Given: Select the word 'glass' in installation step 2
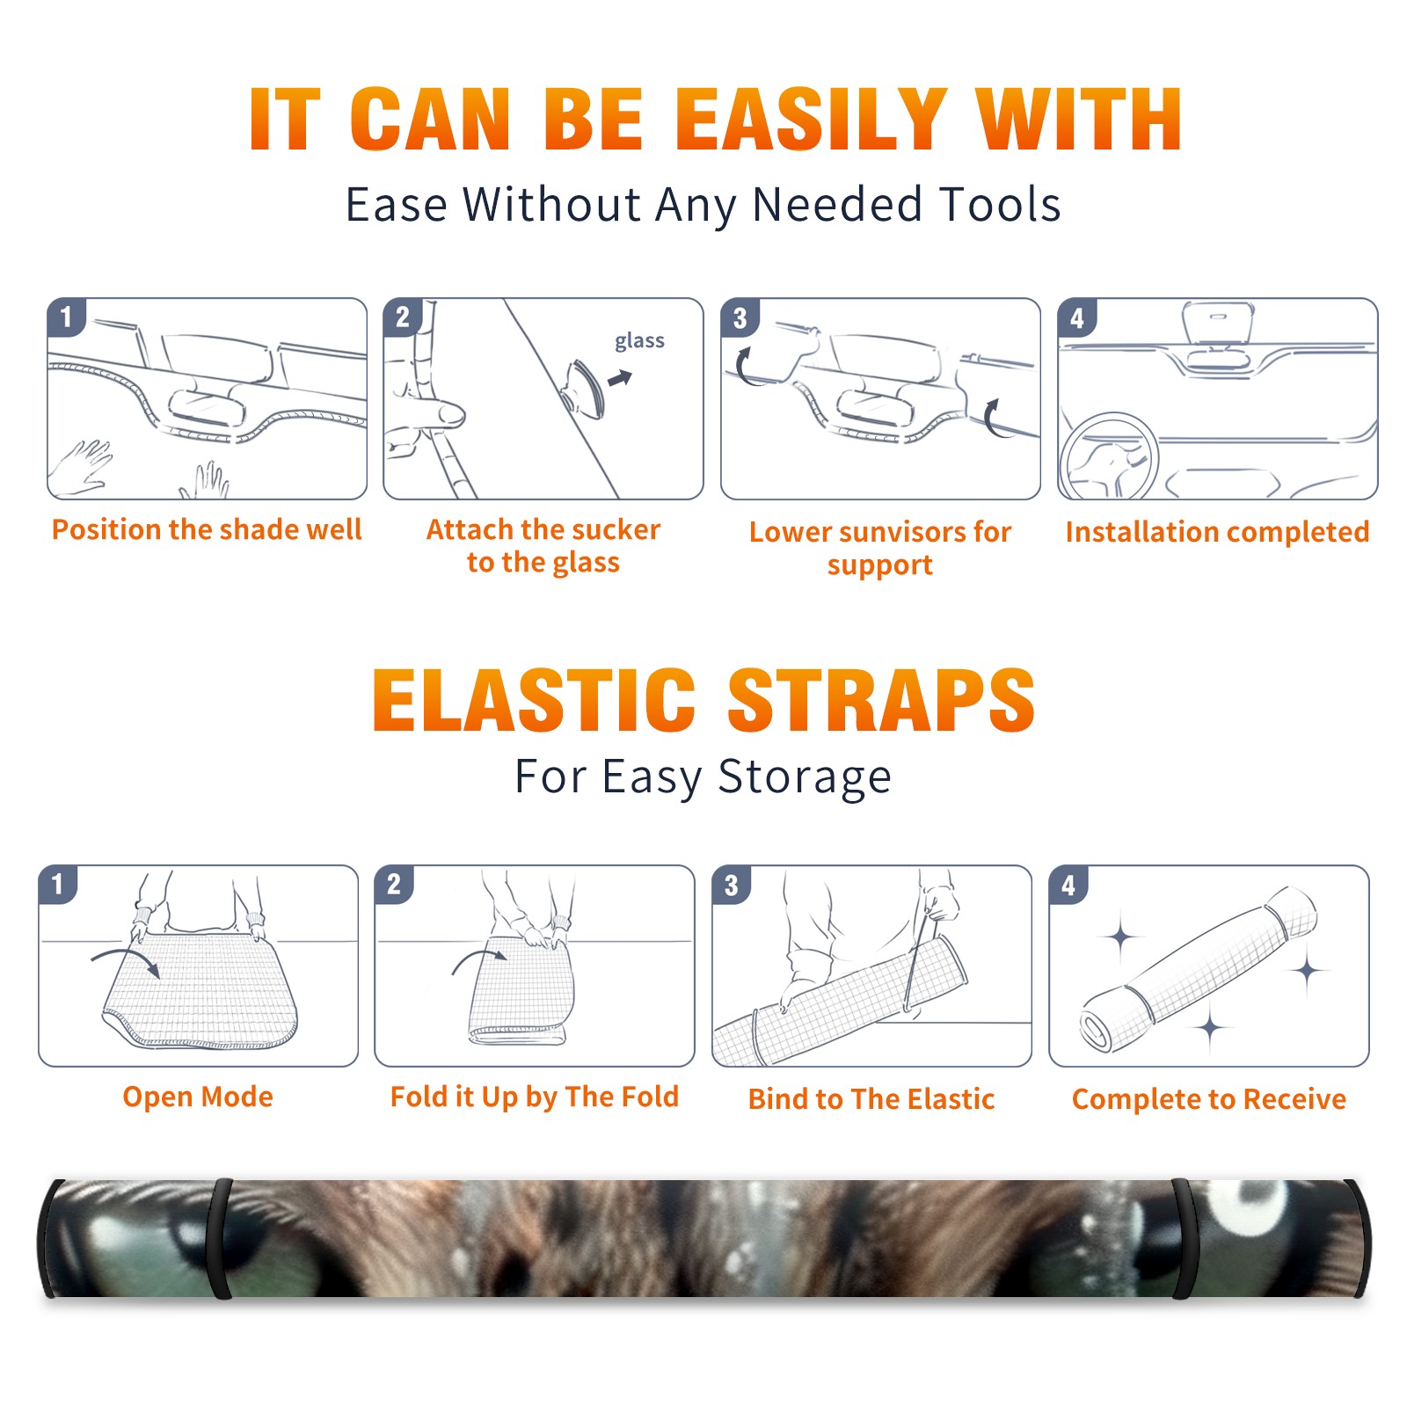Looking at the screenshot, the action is pyautogui.click(x=639, y=341).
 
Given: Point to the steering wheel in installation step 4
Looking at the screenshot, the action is pyautogui.click(x=1109, y=457).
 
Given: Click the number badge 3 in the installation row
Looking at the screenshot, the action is pyautogui.click(x=740, y=318).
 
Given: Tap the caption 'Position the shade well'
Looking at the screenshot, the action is pyautogui.click(x=207, y=529).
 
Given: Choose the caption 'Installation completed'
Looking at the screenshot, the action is pyautogui.click(x=1217, y=531).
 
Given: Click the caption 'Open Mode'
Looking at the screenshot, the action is pyautogui.click(x=198, y=1097).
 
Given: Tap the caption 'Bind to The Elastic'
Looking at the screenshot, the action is pyautogui.click(x=871, y=1098).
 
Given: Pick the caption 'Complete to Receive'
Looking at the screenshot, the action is pyautogui.click(x=1209, y=1099).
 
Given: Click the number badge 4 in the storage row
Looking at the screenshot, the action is pyautogui.click(x=1068, y=885).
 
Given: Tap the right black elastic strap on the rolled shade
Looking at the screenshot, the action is pyautogui.click(x=1183, y=1238).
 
